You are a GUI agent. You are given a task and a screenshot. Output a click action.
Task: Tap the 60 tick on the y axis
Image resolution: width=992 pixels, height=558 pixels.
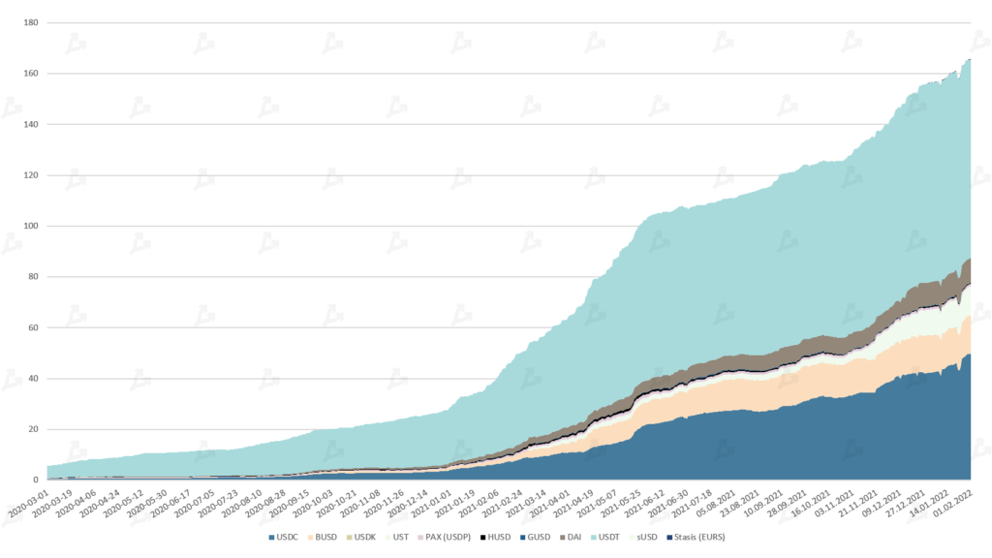[x=33, y=328]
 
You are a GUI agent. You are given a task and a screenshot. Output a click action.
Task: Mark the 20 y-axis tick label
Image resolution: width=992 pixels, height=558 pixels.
[x=33, y=429]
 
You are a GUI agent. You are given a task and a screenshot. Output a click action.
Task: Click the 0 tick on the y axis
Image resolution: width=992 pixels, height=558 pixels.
[x=36, y=480]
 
